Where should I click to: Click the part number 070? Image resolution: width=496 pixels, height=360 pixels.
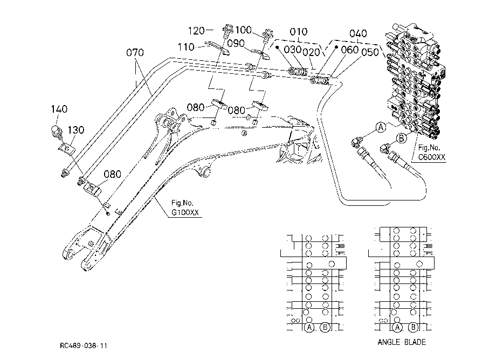tap(135, 52)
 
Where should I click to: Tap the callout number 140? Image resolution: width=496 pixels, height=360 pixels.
tap(59, 109)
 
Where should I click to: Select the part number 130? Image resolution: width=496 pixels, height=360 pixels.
tap(76, 130)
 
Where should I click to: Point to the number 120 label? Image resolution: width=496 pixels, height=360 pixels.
tap(196, 31)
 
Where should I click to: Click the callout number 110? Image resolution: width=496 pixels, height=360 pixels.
tap(186, 47)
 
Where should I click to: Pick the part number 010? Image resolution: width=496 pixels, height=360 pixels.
tap(299, 32)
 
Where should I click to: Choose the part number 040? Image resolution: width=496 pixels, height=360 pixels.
tap(358, 33)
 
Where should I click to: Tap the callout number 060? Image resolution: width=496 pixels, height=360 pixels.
tap(350, 50)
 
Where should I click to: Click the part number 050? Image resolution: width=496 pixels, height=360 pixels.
tap(370, 52)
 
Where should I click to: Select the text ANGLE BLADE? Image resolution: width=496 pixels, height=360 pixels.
tap(402, 342)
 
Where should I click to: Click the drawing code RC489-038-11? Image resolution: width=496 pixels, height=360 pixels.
tap(84, 346)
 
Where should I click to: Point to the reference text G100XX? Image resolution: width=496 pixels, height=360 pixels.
tap(185, 212)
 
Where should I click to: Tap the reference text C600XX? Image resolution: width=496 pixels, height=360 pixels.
tap(432, 157)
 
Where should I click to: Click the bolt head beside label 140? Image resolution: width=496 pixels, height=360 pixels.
tap(56, 131)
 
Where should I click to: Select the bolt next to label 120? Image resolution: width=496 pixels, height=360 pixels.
tap(228, 30)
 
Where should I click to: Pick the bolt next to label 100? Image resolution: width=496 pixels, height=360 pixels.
tap(267, 35)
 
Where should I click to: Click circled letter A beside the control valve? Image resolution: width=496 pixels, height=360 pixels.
tap(381, 127)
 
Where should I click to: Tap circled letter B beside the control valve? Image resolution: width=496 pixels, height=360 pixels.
tap(402, 138)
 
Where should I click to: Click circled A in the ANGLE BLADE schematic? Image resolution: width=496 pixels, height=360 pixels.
tap(397, 328)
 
